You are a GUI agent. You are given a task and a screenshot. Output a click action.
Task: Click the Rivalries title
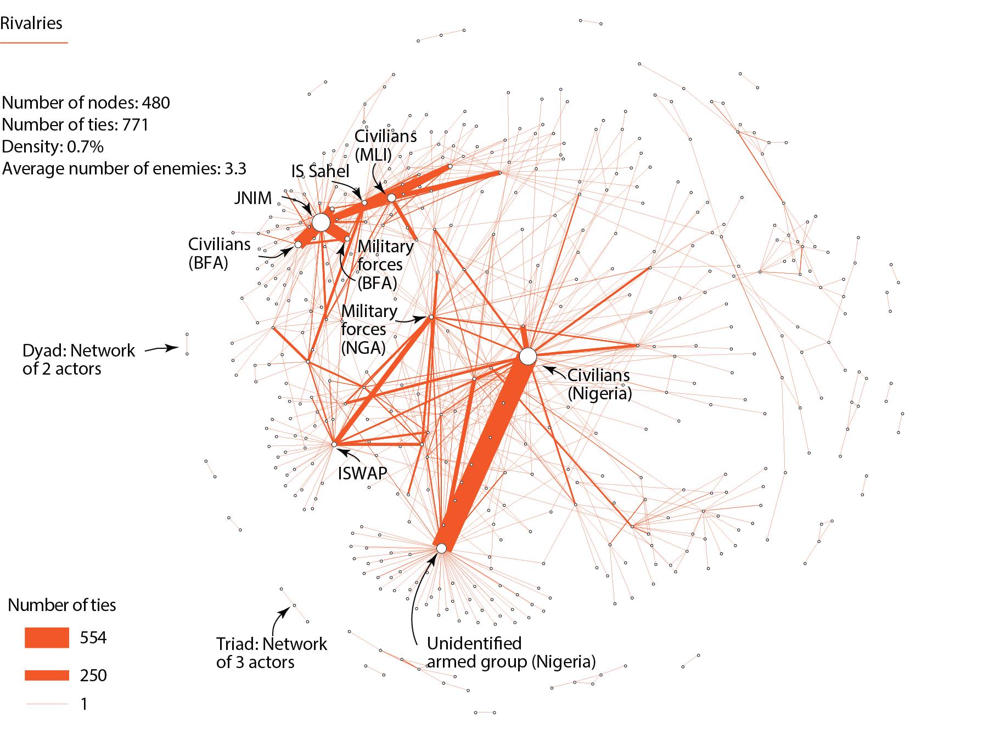coord(31,24)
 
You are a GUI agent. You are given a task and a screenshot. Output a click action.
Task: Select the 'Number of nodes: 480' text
coord(86,103)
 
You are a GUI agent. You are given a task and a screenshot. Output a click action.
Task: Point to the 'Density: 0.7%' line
coord(53,146)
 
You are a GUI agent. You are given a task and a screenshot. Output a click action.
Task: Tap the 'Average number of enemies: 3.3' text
coord(124,168)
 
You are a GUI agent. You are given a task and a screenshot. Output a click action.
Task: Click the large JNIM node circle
coord(321,223)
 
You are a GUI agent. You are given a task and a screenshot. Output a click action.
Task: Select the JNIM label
coord(252,198)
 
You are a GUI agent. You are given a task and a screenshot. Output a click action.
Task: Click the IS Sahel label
coord(320,171)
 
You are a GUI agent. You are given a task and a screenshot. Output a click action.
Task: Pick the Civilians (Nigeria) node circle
coord(527,357)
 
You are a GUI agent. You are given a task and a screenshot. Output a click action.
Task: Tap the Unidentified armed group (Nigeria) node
coord(441,548)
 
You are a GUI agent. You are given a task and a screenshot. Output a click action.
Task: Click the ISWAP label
coord(362,473)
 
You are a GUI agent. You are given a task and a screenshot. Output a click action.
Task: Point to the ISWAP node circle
coord(334,444)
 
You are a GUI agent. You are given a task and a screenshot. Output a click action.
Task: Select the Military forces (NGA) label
coord(369,329)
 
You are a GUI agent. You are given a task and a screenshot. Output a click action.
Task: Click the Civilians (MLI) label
coord(385,145)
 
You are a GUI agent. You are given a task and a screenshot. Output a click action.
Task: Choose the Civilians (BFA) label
coord(219,253)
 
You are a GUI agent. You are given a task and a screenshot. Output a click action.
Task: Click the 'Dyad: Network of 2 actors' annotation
coord(78,359)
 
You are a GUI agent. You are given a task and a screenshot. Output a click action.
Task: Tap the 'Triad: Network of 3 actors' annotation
coord(272,652)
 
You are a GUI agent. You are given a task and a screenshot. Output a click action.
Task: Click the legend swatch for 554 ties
coord(47,638)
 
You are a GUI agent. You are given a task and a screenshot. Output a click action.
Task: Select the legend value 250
coord(93,675)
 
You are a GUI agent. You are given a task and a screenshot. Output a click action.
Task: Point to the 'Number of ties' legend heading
coord(62,605)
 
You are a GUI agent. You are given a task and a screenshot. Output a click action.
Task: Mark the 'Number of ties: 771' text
coord(75,125)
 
